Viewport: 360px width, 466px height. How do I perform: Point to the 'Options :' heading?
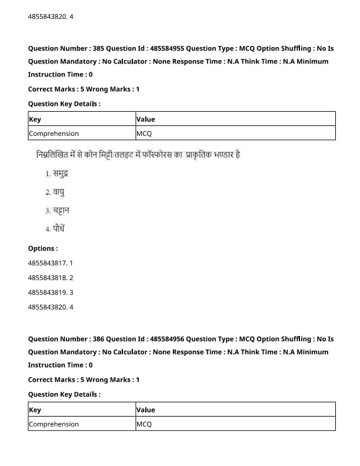click(43, 248)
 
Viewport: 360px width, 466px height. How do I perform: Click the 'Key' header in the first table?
click(35, 119)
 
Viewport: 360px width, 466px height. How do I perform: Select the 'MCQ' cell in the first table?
click(144, 134)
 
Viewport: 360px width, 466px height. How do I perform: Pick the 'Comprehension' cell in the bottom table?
click(54, 424)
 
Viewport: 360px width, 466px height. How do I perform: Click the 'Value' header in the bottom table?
click(146, 410)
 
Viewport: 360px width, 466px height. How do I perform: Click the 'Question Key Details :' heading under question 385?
click(64, 104)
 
